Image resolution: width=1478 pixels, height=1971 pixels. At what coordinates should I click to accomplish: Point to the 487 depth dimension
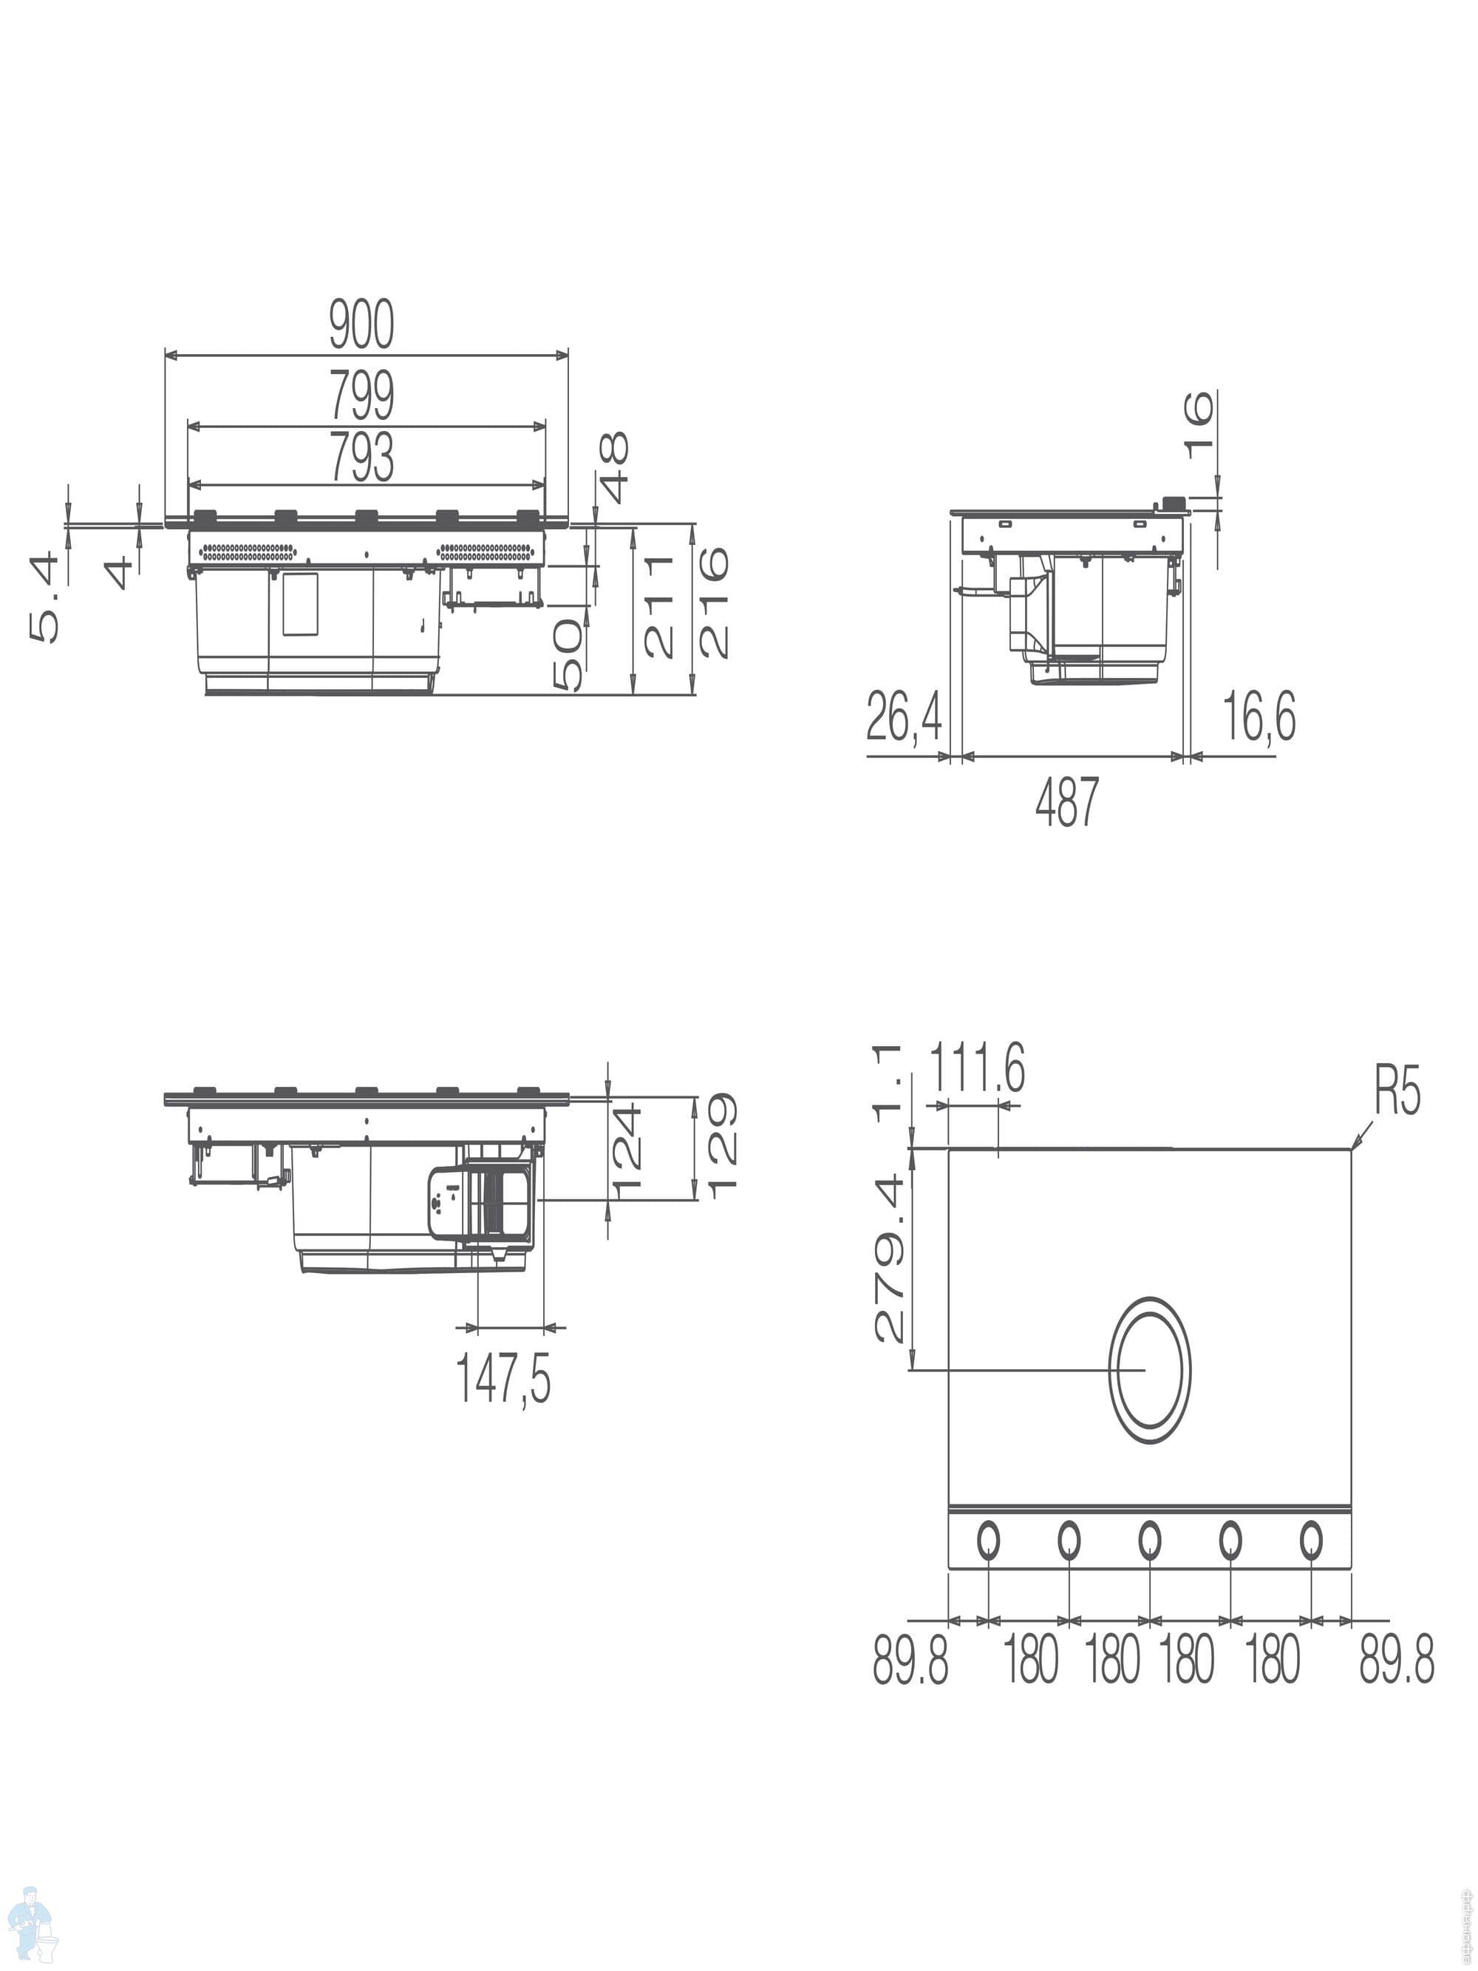coord(1067,801)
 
